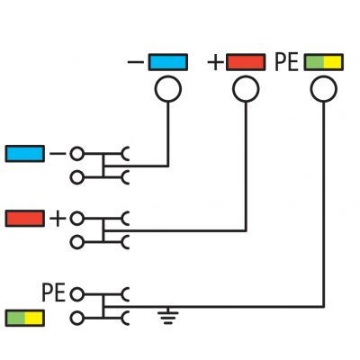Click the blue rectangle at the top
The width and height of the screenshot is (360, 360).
[168, 62]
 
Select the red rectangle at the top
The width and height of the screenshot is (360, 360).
[246, 62]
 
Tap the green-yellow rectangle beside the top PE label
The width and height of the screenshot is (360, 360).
[323, 62]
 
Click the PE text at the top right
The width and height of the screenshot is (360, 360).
[286, 62]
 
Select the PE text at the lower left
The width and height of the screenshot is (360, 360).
[53, 292]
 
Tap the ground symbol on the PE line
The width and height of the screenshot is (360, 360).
[168, 316]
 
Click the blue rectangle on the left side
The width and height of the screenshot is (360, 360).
[25, 154]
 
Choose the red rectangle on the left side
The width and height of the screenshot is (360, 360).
[25, 218]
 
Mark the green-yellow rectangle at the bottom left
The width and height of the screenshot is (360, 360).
[25, 318]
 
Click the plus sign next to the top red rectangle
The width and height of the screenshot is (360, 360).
[216, 63]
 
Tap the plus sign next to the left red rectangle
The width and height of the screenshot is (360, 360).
[58, 219]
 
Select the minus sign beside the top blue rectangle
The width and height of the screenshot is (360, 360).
[136, 62]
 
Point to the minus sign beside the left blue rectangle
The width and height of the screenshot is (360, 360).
[58, 154]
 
